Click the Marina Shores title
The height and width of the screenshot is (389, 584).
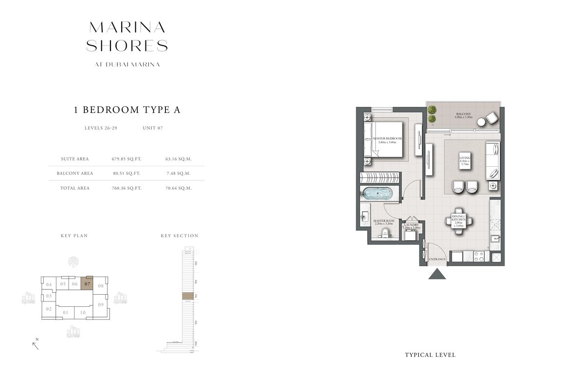(x=127, y=36)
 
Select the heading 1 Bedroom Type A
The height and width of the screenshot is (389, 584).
(x=127, y=109)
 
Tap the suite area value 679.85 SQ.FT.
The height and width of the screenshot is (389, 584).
(x=127, y=159)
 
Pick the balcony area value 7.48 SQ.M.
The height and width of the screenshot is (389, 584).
(x=178, y=173)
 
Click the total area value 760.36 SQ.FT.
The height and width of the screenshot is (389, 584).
(x=127, y=188)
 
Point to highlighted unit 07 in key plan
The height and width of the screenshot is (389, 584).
(x=87, y=284)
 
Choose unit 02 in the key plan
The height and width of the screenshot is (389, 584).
(x=49, y=309)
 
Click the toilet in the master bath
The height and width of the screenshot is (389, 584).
(x=385, y=232)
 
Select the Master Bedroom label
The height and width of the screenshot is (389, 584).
(x=387, y=140)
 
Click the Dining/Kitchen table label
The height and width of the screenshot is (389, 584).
(x=458, y=220)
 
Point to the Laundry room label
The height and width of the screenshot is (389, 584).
(x=412, y=226)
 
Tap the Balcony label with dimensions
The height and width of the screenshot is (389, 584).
(x=463, y=115)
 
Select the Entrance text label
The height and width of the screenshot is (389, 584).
(x=437, y=259)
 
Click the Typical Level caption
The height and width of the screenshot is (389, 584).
(x=430, y=355)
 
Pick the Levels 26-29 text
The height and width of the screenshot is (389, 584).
(x=101, y=128)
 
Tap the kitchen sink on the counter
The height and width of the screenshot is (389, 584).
(x=495, y=238)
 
